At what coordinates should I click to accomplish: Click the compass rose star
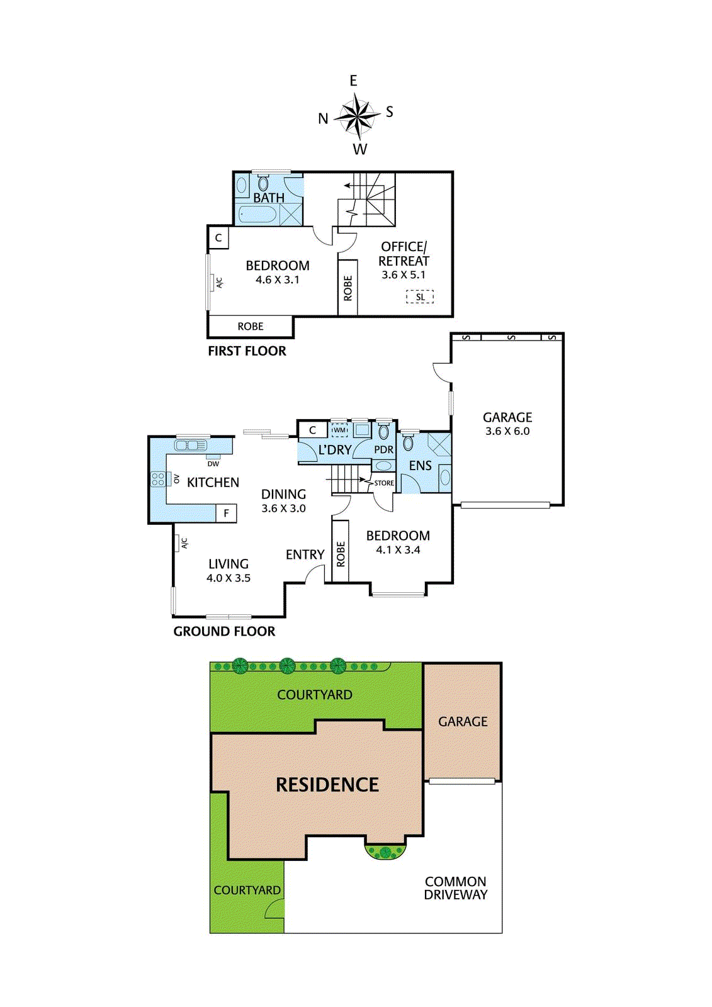[x=357, y=116]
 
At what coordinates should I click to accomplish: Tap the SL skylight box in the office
[x=420, y=297]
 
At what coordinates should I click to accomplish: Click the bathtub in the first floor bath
[x=258, y=215]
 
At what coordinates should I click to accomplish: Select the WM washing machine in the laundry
[x=339, y=430]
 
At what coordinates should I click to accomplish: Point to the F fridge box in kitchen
[x=227, y=514]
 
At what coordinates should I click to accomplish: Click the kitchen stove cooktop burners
[x=158, y=479]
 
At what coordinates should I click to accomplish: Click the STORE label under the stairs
[x=384, y=483]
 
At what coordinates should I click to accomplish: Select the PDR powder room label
[x=383, y=450]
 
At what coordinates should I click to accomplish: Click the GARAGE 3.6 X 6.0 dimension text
[x=507, y=431]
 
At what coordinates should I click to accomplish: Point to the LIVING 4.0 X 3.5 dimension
[x=229, y=578]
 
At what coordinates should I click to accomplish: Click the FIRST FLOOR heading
[x=247, y=351]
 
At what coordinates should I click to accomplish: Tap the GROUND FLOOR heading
[x=224, y=631]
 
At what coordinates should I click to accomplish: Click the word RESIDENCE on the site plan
[x=327, y=785]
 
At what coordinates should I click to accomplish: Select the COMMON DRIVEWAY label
[x=455, y=888]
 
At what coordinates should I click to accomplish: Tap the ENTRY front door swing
[x=314, y=574]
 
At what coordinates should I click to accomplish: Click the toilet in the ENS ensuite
[x=408, y=442]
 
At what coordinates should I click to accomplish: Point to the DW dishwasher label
[x=213, y=464]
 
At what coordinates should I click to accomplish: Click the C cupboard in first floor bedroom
[x=218, y=238]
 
